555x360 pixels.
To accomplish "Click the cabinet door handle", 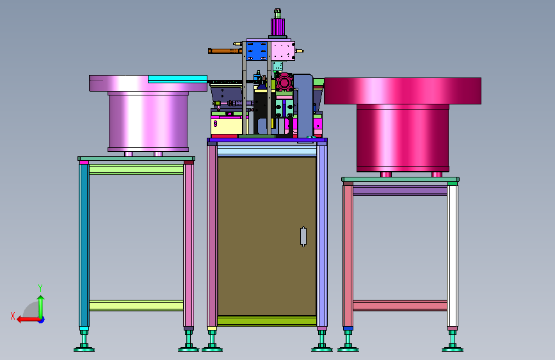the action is (x=303, y=236).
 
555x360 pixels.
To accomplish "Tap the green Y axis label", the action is (x=40, y=288).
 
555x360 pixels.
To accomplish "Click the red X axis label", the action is (x=13, y=316).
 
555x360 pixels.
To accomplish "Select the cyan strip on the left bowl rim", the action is (x=177, y=79).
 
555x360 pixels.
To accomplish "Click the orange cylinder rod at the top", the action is (x=225, y=51).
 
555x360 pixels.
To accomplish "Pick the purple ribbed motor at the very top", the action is (x=278, y=26).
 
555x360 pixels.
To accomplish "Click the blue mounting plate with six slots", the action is (x=257, y=51).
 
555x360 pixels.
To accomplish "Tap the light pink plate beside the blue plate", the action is (x=283, y=51).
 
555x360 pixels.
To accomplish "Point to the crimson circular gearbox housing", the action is (x=284, y=83).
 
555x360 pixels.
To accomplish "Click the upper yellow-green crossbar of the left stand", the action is (x=136, y=169).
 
